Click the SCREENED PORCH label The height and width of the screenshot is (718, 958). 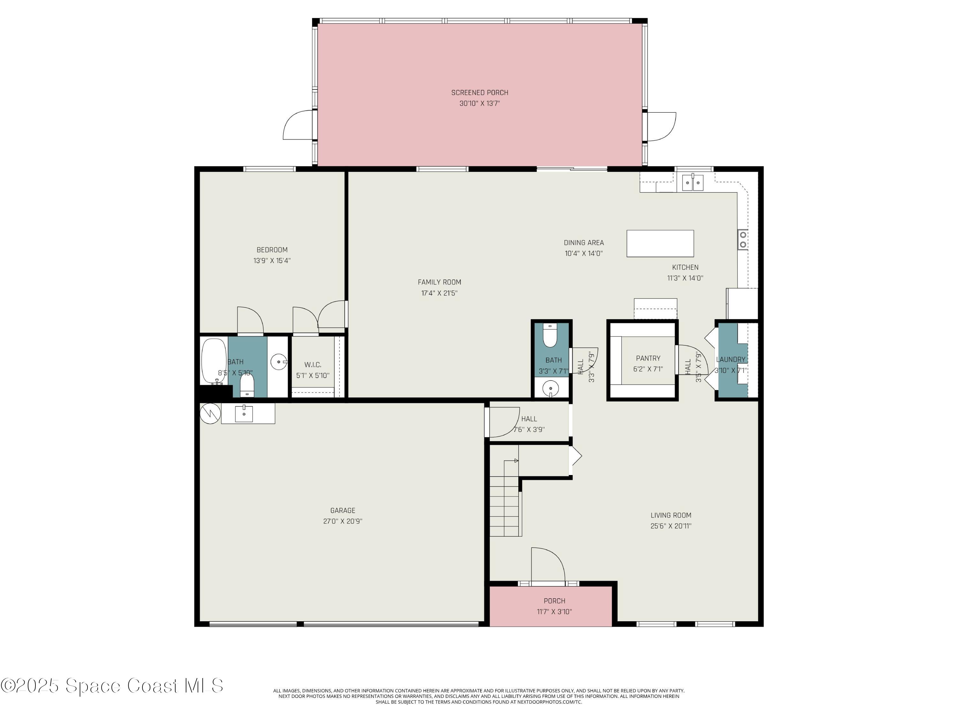point(479,93)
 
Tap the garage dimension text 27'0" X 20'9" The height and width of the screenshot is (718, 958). point(343,521)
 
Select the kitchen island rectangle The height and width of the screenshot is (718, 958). point(660,243)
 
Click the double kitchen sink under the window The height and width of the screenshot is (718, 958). point(693,183)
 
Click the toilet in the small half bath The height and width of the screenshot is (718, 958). point(550,336)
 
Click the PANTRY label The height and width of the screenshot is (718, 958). point(648,359)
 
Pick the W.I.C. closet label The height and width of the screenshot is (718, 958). point(313,365)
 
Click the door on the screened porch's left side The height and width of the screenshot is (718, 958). point(298,125)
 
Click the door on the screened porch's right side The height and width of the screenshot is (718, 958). point(660,126)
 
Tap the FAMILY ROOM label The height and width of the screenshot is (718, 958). point(439,282)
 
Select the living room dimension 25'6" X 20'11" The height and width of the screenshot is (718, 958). point(671,526)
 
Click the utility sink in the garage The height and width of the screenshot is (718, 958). point(244,413)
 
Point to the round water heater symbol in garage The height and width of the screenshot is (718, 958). point(210,413)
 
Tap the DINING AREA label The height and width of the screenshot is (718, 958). point(583,243)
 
